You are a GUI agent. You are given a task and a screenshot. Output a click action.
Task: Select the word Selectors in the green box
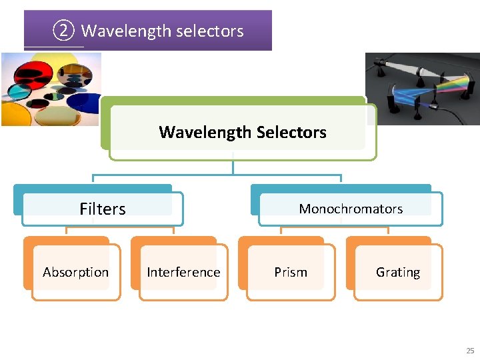click(293, 132)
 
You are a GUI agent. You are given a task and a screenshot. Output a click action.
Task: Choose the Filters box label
click(102, 209)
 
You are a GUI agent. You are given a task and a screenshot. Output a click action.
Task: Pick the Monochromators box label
click(351, 209)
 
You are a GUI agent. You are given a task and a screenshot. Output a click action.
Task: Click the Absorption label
click(75, 272)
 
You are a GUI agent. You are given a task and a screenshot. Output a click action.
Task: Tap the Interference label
click(183, 272)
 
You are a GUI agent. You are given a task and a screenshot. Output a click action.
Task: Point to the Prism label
click(291, 272)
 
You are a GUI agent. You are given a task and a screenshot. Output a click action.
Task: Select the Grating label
click(398, 272)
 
